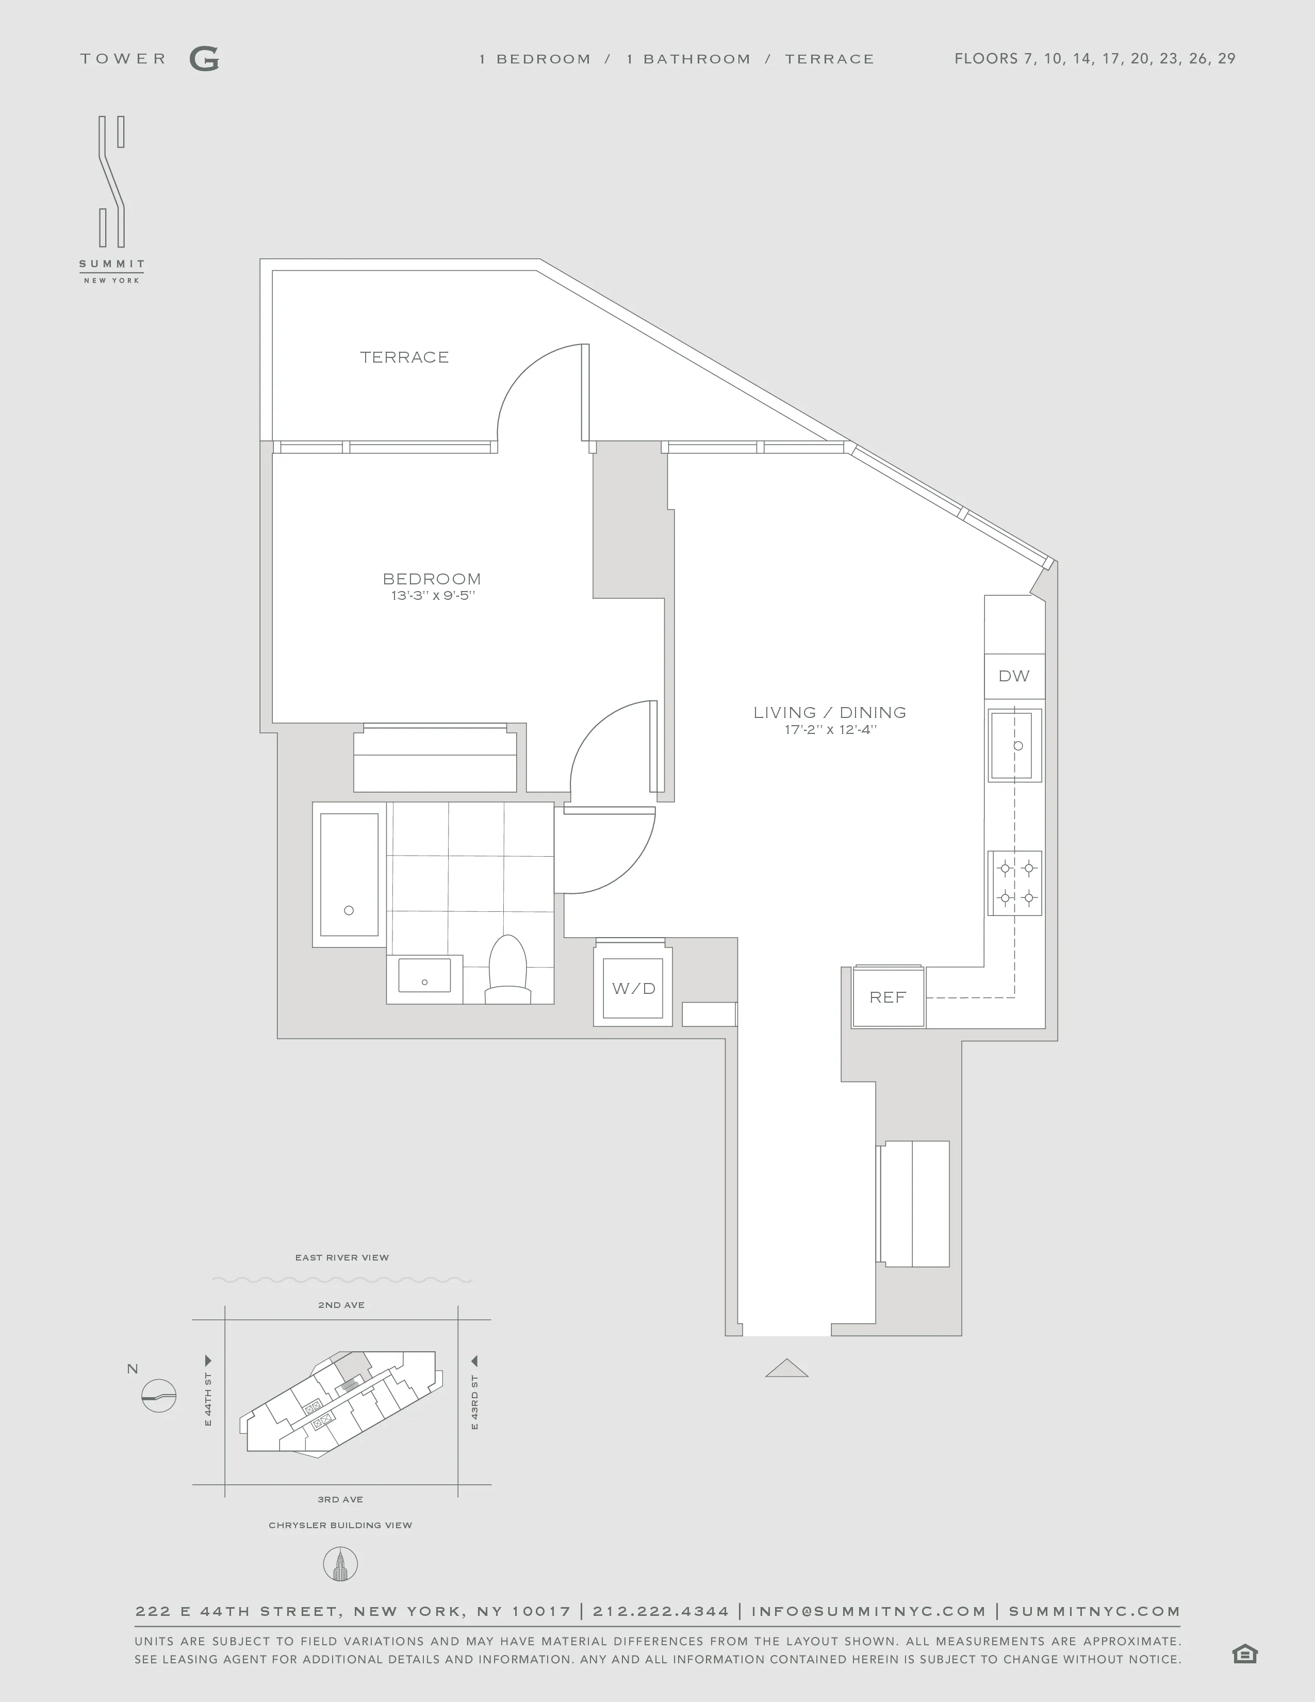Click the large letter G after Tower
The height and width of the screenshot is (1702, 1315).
coord(204,59)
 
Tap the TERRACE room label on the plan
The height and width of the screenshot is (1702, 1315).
coord(404,358)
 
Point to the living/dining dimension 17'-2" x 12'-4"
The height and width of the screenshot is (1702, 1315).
coord(830,730)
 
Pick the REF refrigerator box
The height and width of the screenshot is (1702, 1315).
coord(887,997)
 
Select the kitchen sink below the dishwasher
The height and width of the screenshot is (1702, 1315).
coord(1015,745)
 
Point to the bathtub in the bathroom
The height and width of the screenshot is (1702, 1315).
coord(349,874)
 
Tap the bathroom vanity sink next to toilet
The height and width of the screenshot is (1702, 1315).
coord(424,976)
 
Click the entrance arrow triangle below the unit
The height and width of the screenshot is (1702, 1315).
coord(787,1368)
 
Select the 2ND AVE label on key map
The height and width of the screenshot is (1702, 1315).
coord(341,1304)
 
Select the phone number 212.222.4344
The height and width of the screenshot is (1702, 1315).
coord(661,1611)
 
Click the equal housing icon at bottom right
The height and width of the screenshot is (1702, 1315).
coord(1245,1653)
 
